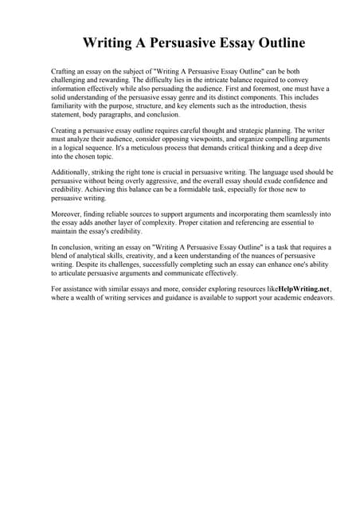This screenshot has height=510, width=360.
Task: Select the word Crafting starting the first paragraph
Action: pos(65,72)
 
